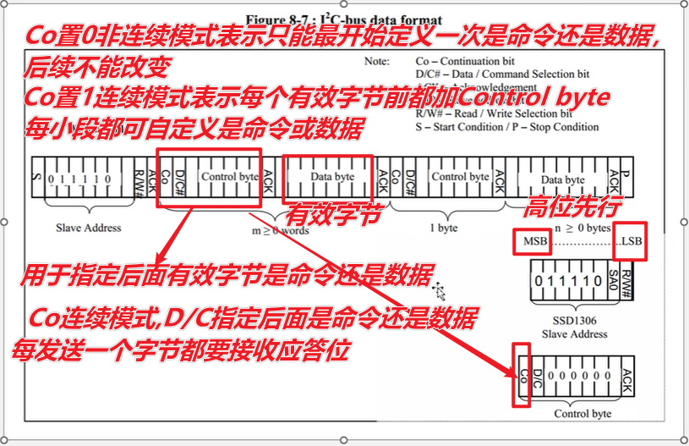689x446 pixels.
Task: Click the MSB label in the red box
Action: [530, 242]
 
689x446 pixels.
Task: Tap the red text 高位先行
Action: [574, 205]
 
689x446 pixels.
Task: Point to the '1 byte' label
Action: [443, 228]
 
